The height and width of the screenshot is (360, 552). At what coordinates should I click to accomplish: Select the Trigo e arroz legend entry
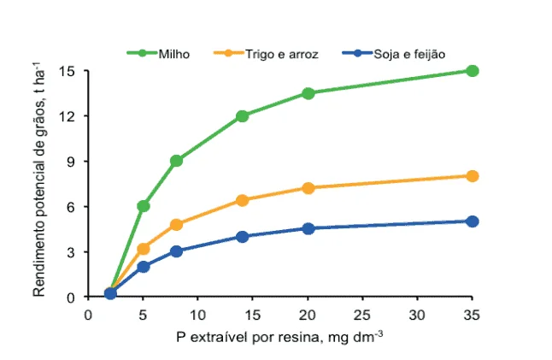click(x=270, y=53)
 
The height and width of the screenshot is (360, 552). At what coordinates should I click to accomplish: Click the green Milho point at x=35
click(x=472, y=71)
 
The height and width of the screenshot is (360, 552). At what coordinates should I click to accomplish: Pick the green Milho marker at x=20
click(x=308, y=93)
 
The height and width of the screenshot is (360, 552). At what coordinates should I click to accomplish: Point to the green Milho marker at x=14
click(x=242, y=115)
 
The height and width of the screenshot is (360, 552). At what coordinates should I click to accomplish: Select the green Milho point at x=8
click(x=176, y=161)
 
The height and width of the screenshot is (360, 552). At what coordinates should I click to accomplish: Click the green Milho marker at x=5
click(x=144, y=206)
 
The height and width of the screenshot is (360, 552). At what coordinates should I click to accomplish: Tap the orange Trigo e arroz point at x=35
click(x=472, y=176)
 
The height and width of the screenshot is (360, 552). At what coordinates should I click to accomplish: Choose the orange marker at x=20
click(x=308, y=188)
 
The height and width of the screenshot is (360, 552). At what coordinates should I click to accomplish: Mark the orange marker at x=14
click(x=242, y=200)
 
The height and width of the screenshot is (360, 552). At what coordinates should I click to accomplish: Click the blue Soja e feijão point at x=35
click(x=472, y=221)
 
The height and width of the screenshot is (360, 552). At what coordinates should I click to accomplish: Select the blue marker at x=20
click(x=308, y=228)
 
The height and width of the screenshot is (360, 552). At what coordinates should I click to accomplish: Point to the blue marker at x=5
click(x=144, y=267)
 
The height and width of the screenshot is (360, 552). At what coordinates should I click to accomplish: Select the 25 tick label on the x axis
click(x=361, y=314)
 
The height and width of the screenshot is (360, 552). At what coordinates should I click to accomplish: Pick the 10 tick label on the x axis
click(x=197, y=314)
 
